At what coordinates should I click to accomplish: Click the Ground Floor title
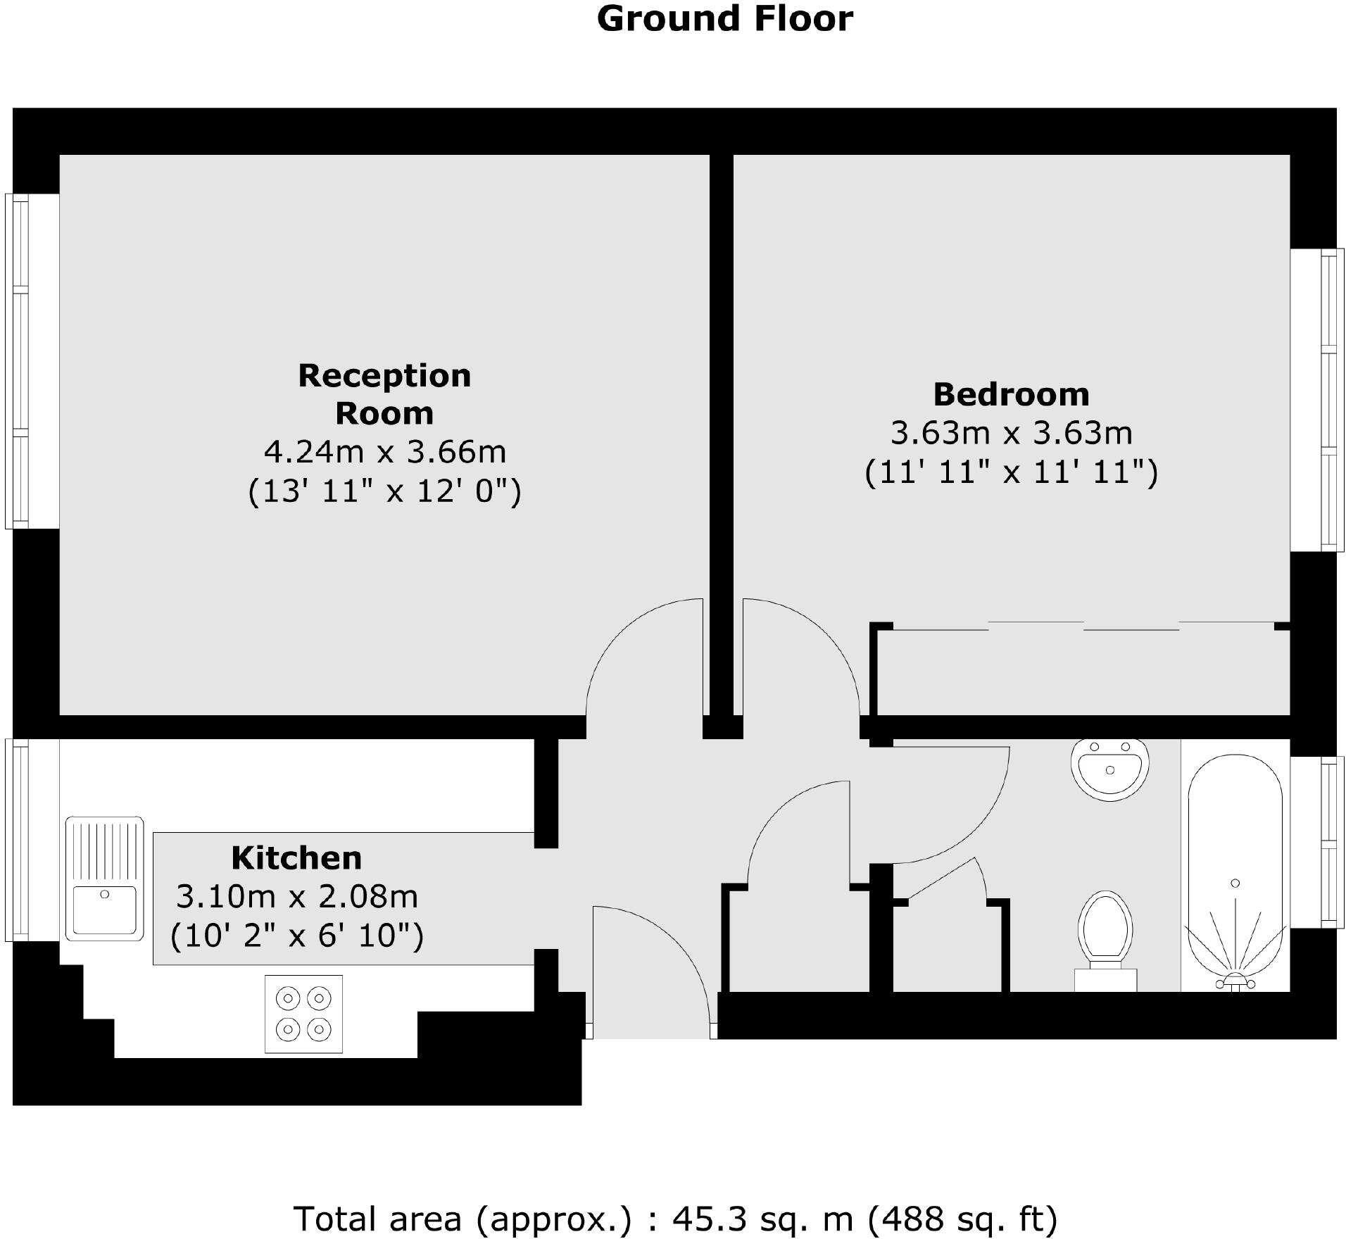click(x=724, y=19)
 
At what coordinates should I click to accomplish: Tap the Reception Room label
click(x=384, y=394)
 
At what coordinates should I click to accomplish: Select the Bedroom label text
click(x=1011, y=394)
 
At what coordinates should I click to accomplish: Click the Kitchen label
click(x=296, y=857)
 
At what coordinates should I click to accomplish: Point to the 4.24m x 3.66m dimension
click(x=384, y=451)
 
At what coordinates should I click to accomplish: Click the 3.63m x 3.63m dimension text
click(x=1011, y=433)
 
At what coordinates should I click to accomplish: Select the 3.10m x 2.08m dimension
click(x=296, y=896)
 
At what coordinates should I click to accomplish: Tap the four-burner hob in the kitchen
click(x=303, y=1014)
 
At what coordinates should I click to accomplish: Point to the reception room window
click(x=17, y=360)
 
